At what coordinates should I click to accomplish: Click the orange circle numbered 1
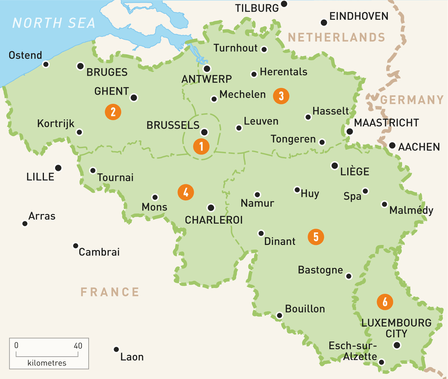pos(201,146)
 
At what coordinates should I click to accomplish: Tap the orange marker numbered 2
pos(113,111)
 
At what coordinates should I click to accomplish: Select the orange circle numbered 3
pos(281,95)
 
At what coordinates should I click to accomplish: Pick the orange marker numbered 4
pos(185,192)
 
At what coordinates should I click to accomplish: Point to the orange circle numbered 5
pos(316,237)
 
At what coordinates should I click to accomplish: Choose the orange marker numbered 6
pos(385,302)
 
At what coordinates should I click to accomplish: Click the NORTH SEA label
pos(54,23)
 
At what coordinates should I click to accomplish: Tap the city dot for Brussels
pos(204,132)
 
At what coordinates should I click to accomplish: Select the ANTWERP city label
pos(207,79)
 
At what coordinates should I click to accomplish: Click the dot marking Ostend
pos(46,64)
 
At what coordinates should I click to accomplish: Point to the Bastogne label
pos(320,270)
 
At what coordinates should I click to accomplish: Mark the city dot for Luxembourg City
pos(396,345)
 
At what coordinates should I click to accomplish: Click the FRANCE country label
pos(110,292)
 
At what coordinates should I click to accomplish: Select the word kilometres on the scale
pos(47,363)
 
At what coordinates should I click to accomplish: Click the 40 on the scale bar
pos(78,345)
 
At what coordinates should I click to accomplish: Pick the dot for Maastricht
pos(349,132)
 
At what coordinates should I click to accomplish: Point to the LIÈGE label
pos(354,171)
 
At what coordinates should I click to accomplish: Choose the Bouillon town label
pos(305,309)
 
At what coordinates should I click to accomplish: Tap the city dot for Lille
pos(58,168)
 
